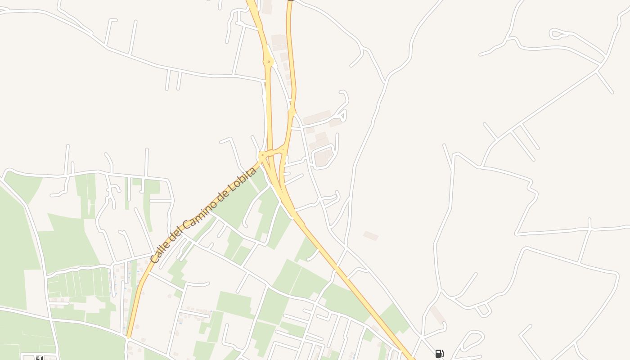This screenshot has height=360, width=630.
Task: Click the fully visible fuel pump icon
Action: [439, 354]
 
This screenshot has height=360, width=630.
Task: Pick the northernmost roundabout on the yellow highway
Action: [269, 61]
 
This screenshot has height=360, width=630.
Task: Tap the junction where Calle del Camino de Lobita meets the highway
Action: [262, 157]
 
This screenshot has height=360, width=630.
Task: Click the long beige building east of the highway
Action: [317, 117]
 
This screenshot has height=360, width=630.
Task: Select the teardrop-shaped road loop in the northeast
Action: [558, 33]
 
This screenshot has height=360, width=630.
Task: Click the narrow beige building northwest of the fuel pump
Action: [437, 315]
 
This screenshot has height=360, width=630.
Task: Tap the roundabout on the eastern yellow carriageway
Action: [292, 111]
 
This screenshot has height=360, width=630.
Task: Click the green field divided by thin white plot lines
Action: [79, 283]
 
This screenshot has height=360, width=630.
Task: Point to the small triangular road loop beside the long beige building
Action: [342, 116]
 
